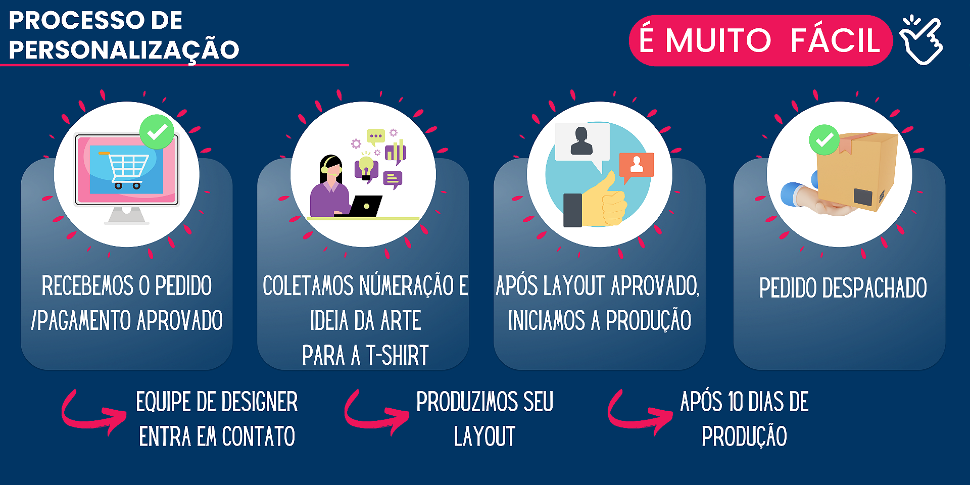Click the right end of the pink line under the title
click(349, 65)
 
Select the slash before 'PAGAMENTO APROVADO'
click(34, 320)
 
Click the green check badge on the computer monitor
click(157, 132)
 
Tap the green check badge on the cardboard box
click(824, 140)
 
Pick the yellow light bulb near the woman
click(366, 167)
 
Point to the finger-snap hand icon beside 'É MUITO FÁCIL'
click(921, 40)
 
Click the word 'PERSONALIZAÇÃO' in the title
click(124, 50)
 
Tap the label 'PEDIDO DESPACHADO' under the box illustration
click(843, 288)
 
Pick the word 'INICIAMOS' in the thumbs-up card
click(547, 320)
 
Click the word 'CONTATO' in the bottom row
click(258, 437)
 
